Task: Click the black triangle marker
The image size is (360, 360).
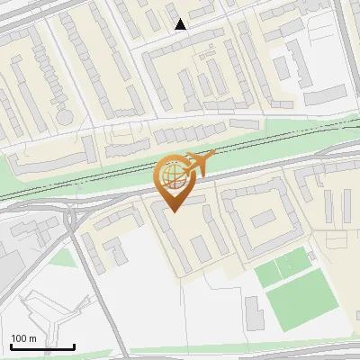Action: click(x=181, y=24)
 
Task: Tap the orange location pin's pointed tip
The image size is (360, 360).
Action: click(x=174, y=211)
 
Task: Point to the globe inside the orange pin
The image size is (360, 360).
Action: click(x=171, y=176)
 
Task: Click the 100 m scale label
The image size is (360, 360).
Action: click(x=23, y=338)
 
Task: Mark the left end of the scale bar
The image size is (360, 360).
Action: click(x=11, y=346)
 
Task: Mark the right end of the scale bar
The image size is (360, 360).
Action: click(x=74, y=346)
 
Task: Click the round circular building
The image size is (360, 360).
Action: click(x=65, y=117)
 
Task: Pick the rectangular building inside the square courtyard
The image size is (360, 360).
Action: click(x=263, y=219)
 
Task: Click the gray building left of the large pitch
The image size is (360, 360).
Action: click(x=254, y=312)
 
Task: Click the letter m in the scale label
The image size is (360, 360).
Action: click(x=32, y=338)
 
